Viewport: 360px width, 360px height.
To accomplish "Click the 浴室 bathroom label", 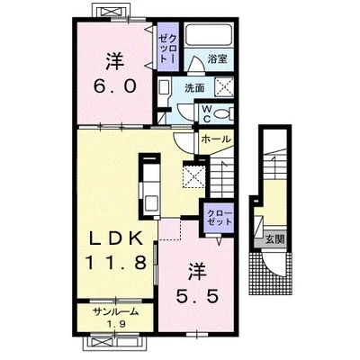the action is (x=218, y=58).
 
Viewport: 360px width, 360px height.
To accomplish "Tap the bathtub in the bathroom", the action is (x=209, y=34).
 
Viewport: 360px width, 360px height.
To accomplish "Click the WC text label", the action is (x=206, y=113).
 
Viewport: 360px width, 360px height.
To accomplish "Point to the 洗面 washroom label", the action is (x=194, y=88).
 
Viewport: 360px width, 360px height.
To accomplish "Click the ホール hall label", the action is (x=216, y=139).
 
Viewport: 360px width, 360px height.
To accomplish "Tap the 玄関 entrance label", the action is (x=274, y=239).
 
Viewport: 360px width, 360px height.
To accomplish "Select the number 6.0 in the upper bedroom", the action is (x=115, y=86).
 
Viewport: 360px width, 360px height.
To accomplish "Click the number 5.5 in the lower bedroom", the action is (x=196, y=297).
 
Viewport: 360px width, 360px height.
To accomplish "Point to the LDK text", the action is (x=116, y=239).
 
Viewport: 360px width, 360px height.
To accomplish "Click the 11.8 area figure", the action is (x=116, y=263).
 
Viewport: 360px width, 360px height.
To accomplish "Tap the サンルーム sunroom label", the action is (x=116, y=312).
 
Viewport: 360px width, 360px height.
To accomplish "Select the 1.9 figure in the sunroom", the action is (x=115, y=324).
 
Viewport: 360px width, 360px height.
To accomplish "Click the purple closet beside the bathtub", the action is (x=168, y=47).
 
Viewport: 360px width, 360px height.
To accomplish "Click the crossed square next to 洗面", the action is (x=224, y=87).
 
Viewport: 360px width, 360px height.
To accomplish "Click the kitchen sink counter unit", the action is (x=150, y=187).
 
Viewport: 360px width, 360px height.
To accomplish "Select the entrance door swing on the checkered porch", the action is (x=273, y=264).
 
